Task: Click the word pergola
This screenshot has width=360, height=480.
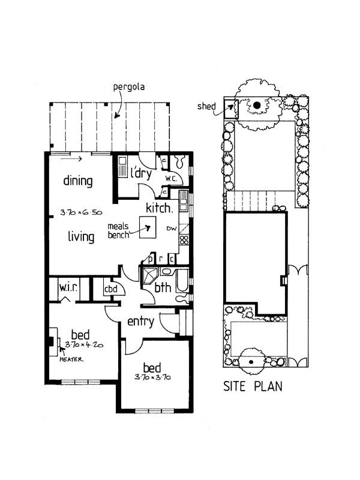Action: [129, 86]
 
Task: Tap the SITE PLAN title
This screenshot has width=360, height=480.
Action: [253, 386]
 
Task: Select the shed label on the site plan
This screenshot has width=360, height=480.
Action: [206, 106]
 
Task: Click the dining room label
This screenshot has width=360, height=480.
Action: [78, 181]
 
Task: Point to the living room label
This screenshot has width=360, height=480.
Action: [81, 236]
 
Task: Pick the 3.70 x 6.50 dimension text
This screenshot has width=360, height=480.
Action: [81, 212]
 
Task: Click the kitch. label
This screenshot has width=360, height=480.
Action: [159, 208]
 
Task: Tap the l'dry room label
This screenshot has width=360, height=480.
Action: [141, 173]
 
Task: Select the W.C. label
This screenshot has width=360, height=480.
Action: [171, 178]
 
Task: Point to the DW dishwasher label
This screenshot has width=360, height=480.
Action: [172, 229]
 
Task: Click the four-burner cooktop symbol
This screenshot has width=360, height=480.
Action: [184, 239]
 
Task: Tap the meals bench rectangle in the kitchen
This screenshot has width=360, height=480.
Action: [148, 227]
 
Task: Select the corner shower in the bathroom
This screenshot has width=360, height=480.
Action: [149, 275]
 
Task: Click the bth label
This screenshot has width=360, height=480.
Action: [163, 287]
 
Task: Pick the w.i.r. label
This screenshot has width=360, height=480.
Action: [68, 287]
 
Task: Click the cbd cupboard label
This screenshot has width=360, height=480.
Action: [111, 289]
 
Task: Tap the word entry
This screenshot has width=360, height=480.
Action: [140, 322]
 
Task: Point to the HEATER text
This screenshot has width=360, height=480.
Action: [71, 359]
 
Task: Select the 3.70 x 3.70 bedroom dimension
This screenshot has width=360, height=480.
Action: [152, 377]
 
